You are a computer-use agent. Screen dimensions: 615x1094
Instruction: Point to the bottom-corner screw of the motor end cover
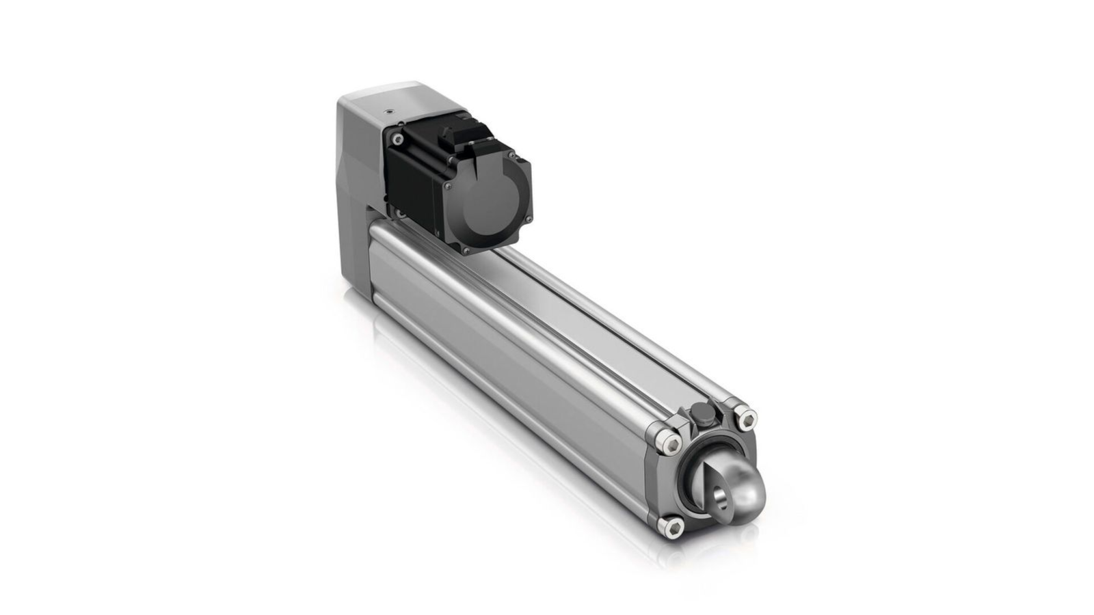pos(467,251)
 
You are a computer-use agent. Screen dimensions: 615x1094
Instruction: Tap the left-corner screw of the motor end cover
pos(449,184)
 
